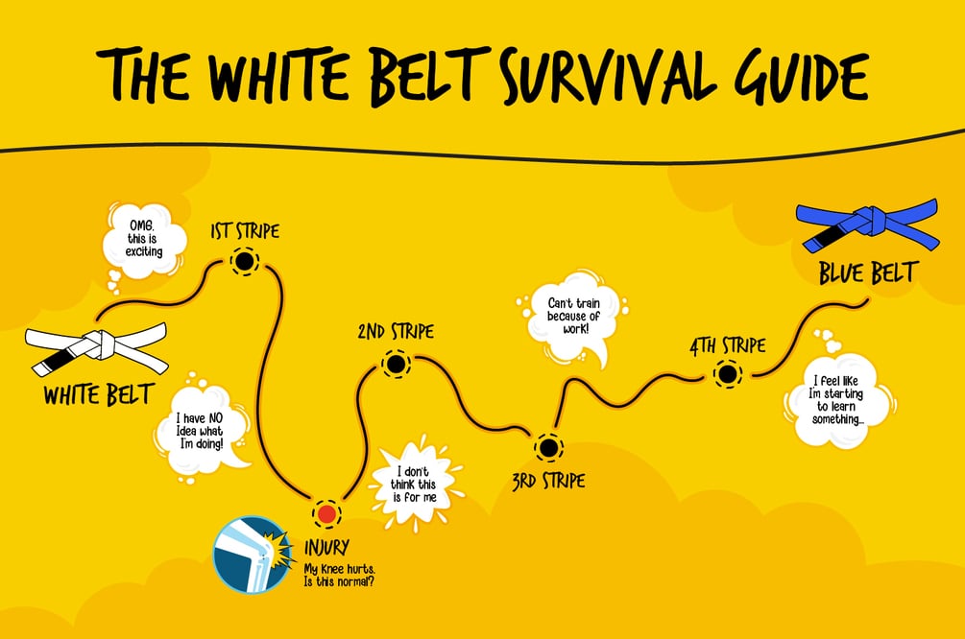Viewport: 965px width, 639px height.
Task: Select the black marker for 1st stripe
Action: (244, 261)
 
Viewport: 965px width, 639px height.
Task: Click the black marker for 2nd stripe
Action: (395, 365)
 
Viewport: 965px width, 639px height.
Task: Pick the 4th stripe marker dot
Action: (727, 374)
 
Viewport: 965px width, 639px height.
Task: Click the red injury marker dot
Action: (326, 513)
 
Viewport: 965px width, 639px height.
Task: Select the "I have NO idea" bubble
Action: (204, 429)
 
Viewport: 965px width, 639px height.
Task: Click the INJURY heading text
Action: (326, 551)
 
